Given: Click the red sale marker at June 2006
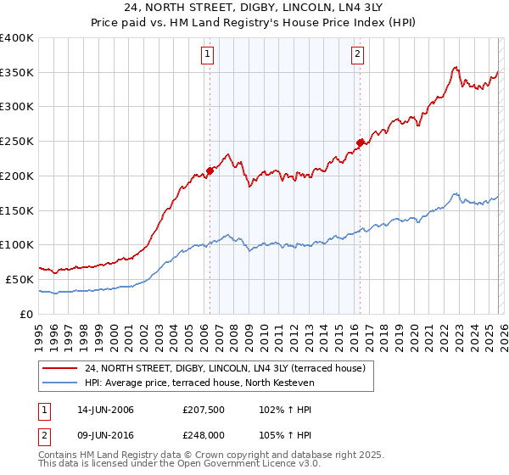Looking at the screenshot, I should (x=210, y=170).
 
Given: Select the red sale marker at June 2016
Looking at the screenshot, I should (x=360, y=142).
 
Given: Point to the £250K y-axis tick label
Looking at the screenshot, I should (x=17, y=142).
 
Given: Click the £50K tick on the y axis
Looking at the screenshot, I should (x=20, y=279).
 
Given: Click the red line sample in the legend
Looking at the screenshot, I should (x=59, y=368).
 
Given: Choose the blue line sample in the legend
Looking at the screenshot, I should (x=59, y=383).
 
